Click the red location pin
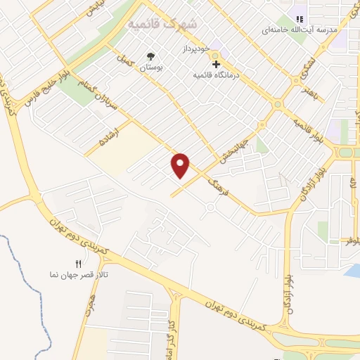(x=181, y=165)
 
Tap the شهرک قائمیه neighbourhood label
(x=162, y=24)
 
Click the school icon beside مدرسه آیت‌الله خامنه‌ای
(x=299, y=19)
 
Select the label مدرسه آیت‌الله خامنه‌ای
(x=300, y=31)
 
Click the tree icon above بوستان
(x=149, y=56)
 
